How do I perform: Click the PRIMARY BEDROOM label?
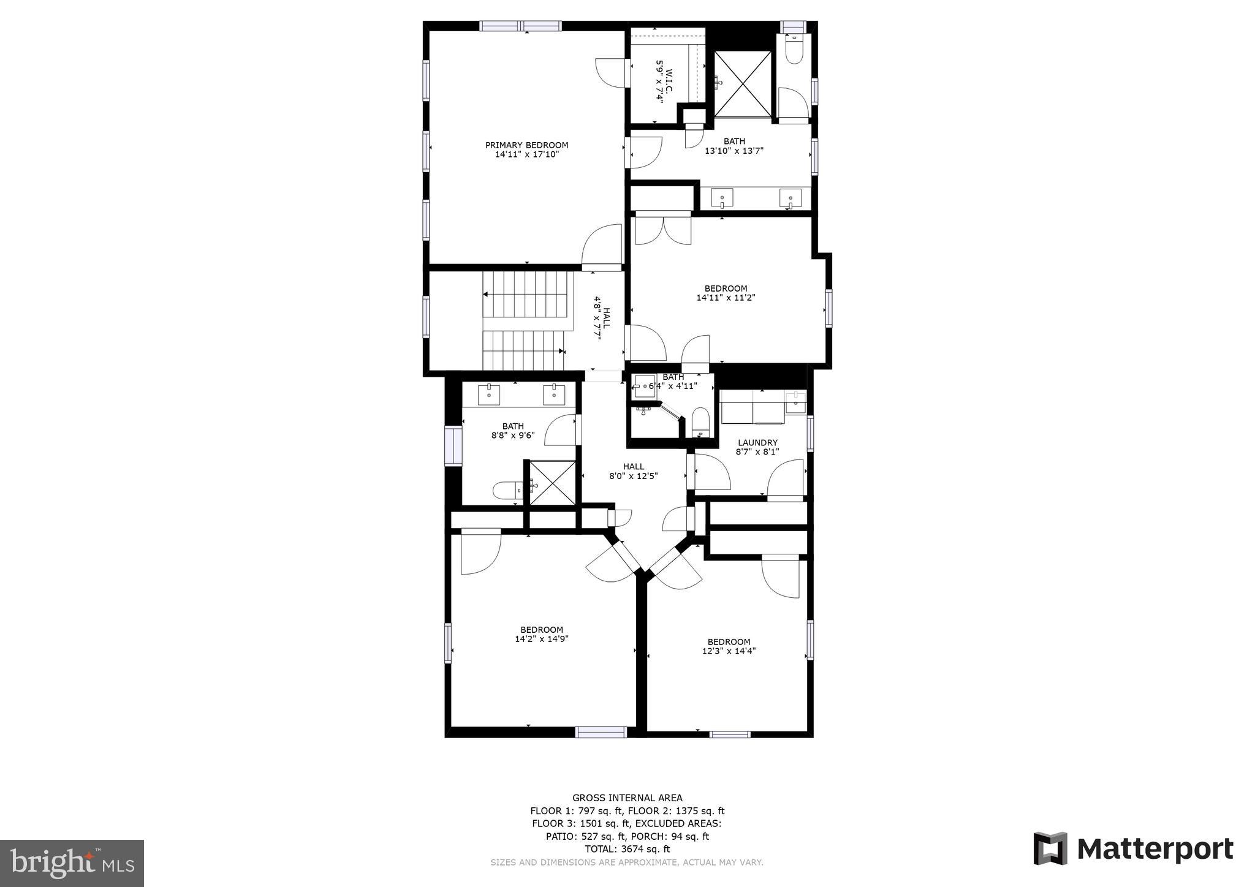(x=526, y=145)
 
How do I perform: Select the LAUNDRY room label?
(x=757, y=442)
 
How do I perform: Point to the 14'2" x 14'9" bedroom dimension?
(x=542, y=639)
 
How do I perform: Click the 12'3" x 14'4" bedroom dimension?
(x=729, y=651)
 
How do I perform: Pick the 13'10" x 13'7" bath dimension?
(x=734, y=151)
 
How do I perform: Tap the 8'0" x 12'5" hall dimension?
(x=633, y=475)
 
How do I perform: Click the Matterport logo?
(x=1133, y=849)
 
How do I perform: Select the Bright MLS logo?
(x=72, y=863)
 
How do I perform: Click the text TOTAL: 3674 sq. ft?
(x=627, y=849)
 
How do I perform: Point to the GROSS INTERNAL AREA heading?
(x=627, y=798)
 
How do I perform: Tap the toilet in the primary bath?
(x=794, y=50)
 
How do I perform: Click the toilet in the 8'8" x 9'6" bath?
(x=506, y=490)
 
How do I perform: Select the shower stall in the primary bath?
(x=743, y=83)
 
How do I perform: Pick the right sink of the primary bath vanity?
(x=790, y=198)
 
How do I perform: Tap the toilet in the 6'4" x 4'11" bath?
(x=700, y=422)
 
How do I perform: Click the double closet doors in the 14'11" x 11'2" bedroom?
(x=663, y=228)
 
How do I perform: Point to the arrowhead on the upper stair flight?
(x=485, y=295)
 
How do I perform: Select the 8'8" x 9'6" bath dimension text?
(x=513, y=436)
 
